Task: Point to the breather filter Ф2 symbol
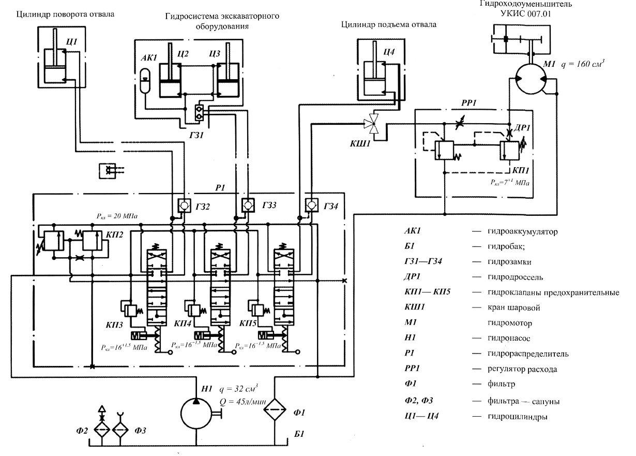coord(102,430)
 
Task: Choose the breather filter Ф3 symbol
coord(122,430)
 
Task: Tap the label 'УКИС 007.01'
coord(526,14)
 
